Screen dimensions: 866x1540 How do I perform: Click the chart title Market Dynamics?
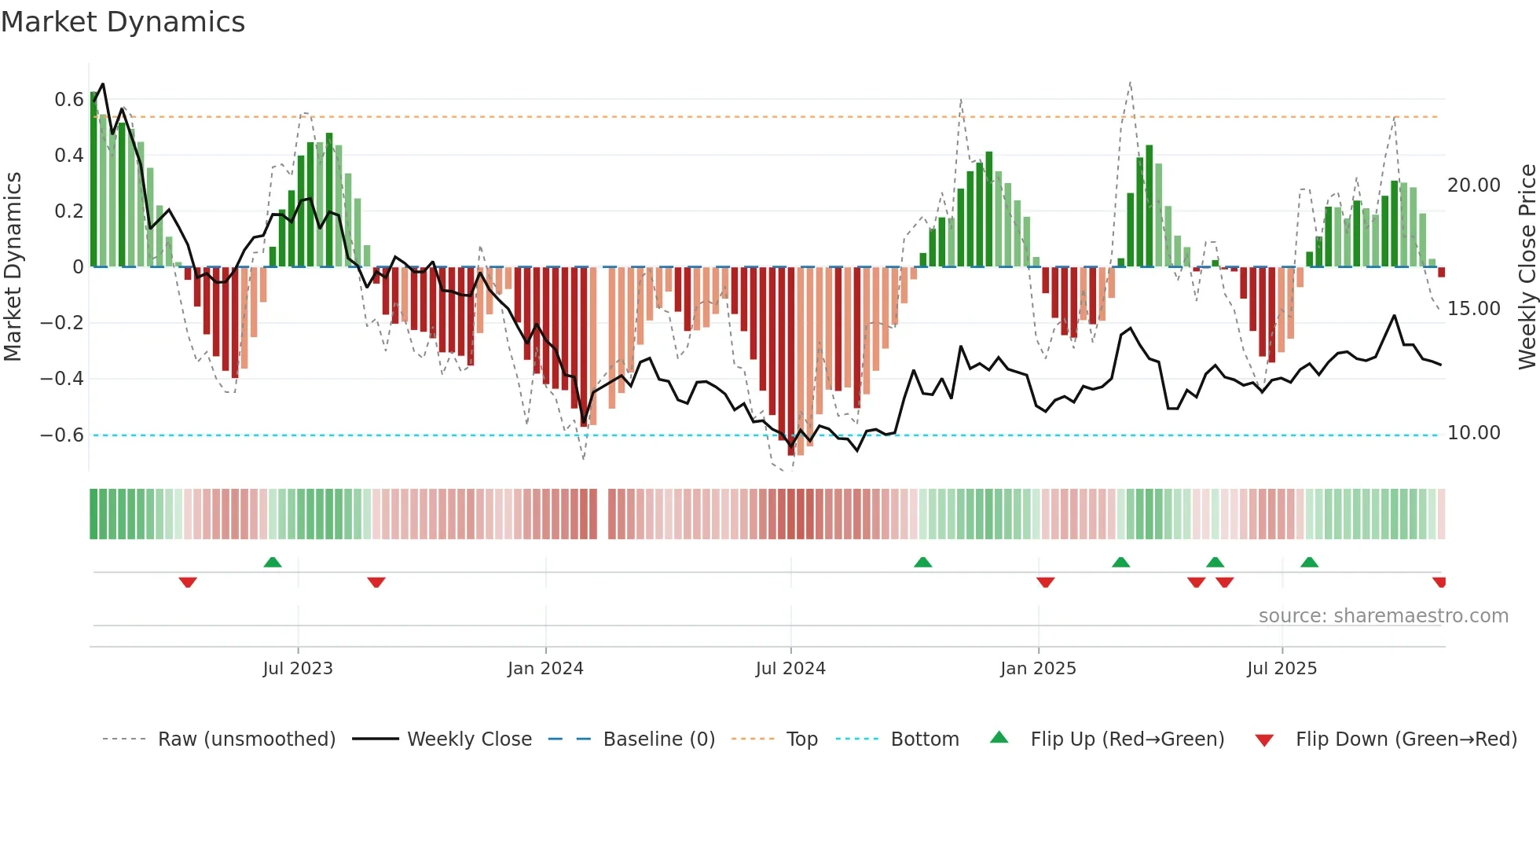pyautogui.click(x=123, y=22)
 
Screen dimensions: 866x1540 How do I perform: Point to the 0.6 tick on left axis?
pyautogui.click(x=68, y=100)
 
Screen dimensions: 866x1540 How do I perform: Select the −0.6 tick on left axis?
pyautogui.click(x=62, y=435)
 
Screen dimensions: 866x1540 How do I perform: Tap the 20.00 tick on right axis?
pyautogui.click(x=1473, y=185)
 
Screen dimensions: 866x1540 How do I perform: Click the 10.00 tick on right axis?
pyautogui.click(x=1473, y=433)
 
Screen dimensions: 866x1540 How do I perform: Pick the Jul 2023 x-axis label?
pyautogui.click(x=298, y=669)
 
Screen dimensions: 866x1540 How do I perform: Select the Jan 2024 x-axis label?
pyautogui.click(x=545, y=669)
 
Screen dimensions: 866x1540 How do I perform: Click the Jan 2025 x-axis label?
pyautogui.click(x=1038, y=669)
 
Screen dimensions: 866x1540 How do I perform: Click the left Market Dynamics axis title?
pyautogui.click(x=13, y=267)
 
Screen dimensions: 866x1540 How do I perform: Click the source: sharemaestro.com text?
pyautogui.click(x=1383, y=616)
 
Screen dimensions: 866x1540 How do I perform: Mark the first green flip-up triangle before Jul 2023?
pyautogui.click(x=273, y=563)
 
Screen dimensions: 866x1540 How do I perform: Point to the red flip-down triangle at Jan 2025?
pyautogui.click(x=1045, y=582)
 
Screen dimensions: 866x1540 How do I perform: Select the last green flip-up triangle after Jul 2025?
pyautogui.click(x=1309, y=563)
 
